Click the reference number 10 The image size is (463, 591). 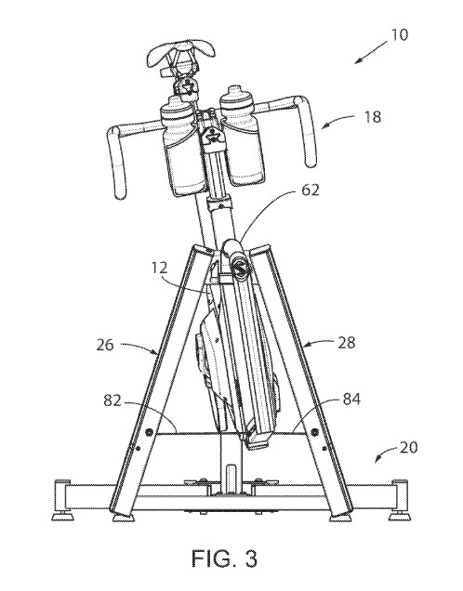point(400,35)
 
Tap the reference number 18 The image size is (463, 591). point(373,117)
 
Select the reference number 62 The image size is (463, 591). point(311,190)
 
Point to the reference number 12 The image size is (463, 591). point(160,268)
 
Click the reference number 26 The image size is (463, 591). point(105,345)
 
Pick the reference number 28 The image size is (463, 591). point(346,343)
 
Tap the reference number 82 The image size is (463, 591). point(112,401)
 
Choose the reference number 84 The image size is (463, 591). point(351,400)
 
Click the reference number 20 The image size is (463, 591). point(408,448)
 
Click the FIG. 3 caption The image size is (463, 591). point(225,558)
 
